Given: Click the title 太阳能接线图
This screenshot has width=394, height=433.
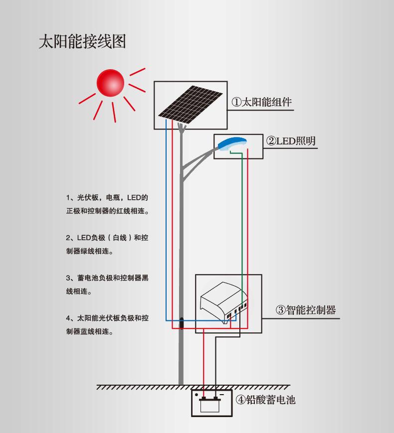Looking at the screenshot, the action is click(x=82, y=42).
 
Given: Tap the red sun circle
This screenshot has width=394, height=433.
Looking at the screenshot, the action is click(x=110, y=83).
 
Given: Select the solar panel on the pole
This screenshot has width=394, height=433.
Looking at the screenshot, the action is click(x=190, y=106).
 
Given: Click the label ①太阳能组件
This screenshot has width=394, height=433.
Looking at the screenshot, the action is click(x=261, y=102).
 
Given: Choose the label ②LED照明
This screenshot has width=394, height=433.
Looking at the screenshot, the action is click(x=291, y=141).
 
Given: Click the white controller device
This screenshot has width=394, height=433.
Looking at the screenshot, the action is click(x=223, y=301).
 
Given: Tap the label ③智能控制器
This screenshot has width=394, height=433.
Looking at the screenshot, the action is click(x=306, y=310).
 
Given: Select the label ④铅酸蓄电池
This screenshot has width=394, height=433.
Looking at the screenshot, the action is click(x=266, y=400).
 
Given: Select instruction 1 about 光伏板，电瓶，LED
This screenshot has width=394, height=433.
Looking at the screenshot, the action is click(x=108, y=204).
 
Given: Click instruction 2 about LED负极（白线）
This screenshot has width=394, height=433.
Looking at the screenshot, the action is click(x=107, y=244).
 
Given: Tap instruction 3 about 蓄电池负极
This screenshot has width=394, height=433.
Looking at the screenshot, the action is click(x=107, y=285).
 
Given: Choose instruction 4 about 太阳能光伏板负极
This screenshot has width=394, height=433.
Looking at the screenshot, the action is click(x=107, y=325).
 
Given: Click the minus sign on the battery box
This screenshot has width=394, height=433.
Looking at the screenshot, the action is click(x=221, y=395).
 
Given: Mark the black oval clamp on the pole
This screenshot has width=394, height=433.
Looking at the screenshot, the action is click(x=182, y=323).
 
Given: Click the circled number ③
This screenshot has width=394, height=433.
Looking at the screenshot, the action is click(x=280, y=310).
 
